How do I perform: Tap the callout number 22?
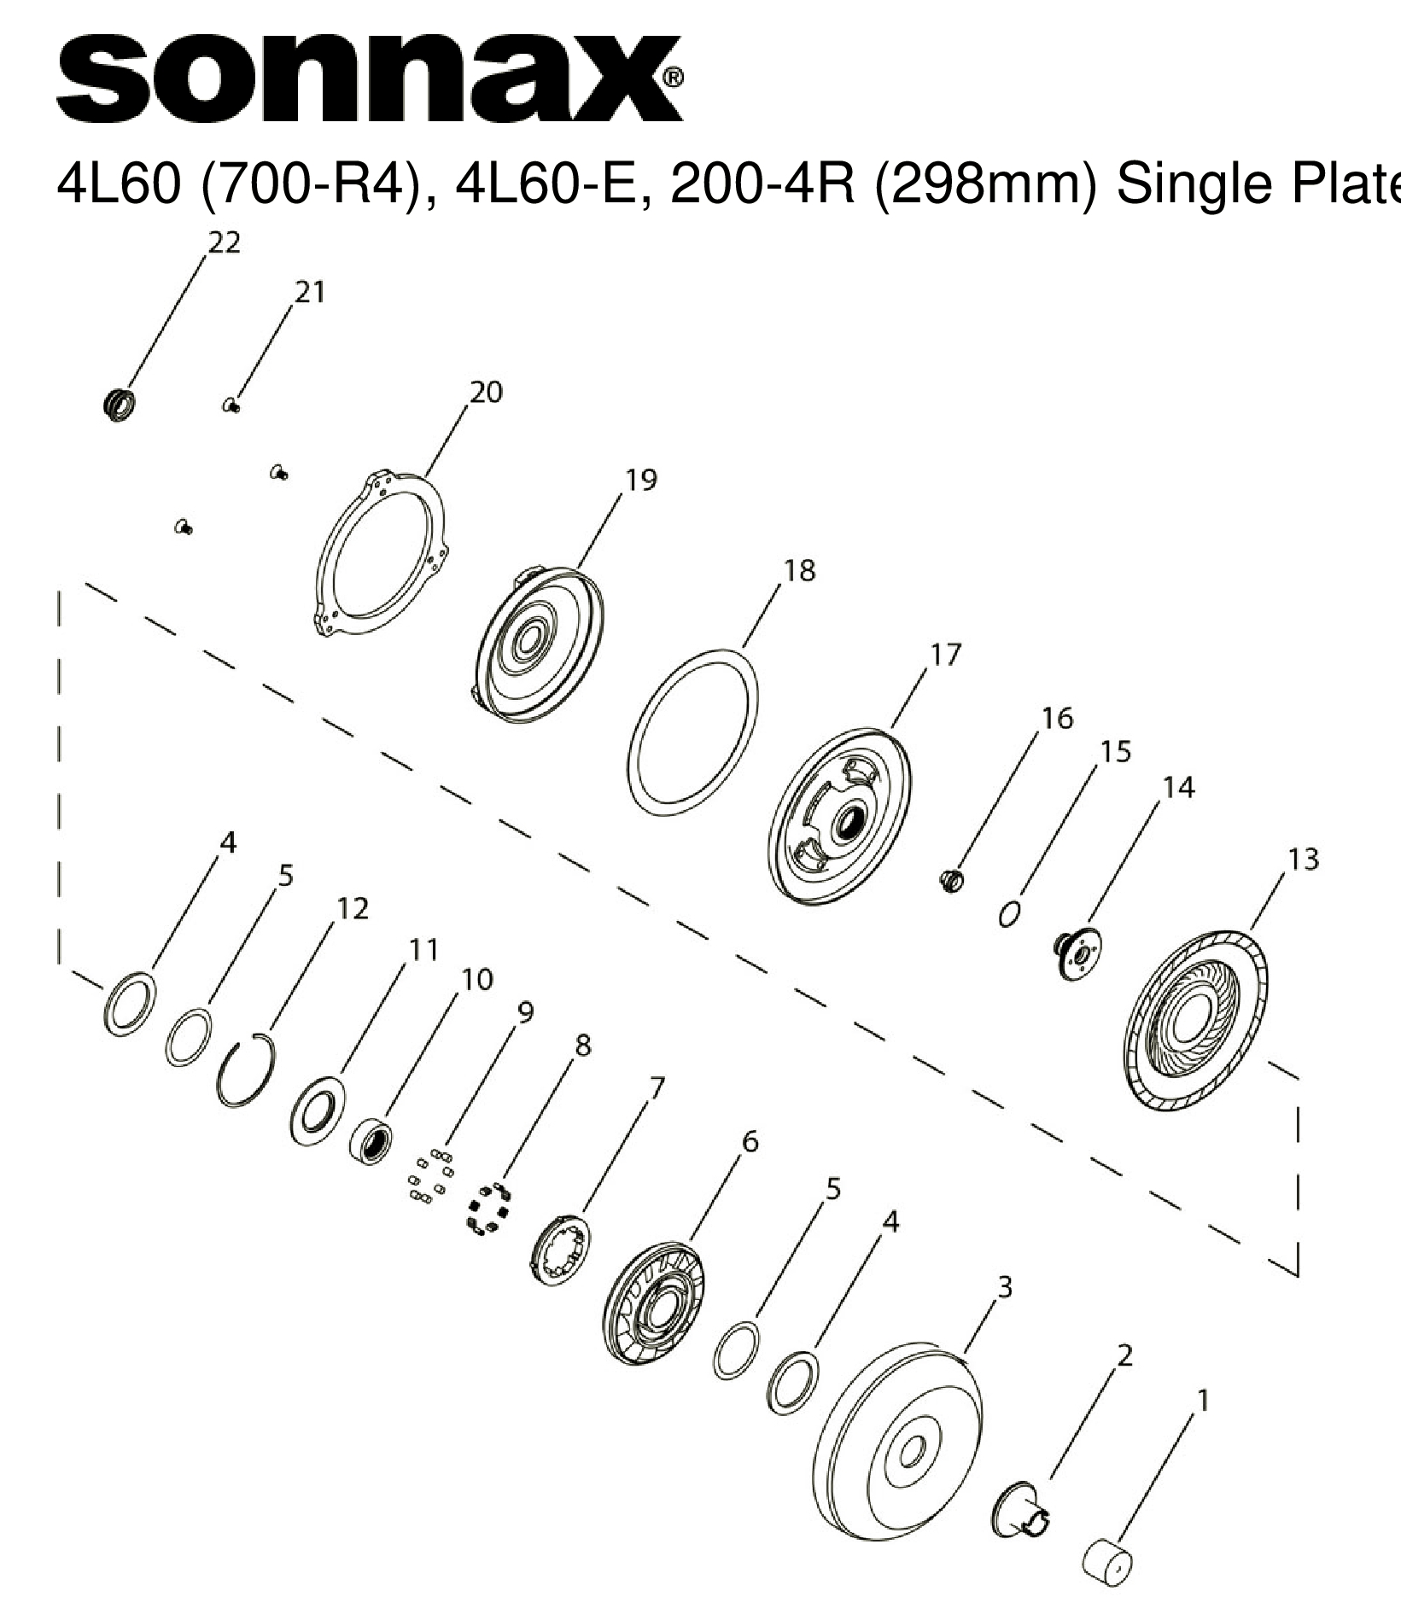tap(225, 243)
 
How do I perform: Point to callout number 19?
tap(641, 481)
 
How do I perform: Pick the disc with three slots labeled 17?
tap(839, 815)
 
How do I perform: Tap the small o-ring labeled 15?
tap(1010, 913)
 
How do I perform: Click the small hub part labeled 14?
tap(1077, 953)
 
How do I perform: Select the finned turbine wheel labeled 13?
tap(1194, 1022)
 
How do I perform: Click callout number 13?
tap(1303, 859)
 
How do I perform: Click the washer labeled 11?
tap(317, 1110)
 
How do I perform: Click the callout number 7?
tap(656, 1087)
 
